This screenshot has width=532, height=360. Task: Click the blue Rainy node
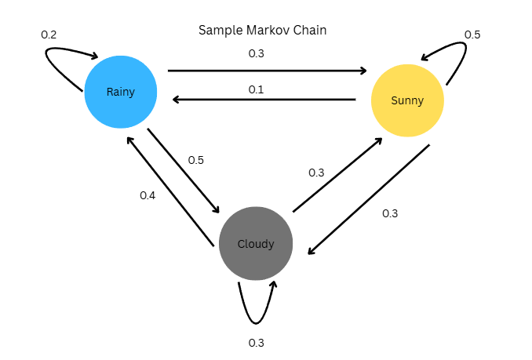click(x=121, y=92)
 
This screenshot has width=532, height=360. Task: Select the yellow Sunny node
click(x=407, y=100)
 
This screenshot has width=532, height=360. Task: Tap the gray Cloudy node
click(x=256, y=243)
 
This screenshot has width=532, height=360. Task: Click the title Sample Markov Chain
click(x=262, y=31)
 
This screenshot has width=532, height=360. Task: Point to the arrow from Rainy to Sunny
click(x=267, y=71)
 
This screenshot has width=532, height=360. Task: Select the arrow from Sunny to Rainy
click(x=265, y=100)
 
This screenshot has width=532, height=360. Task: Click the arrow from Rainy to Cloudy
click(x=184, y=170)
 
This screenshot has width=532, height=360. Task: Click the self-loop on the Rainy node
click(x=59, y=63)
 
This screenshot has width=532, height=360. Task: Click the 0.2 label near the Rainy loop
click(x=49, y=35)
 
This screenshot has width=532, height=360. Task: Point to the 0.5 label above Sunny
click(x=472, y=35)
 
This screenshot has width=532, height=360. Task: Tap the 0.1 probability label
click(x=256, y=89)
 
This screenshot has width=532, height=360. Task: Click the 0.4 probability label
click(x=148, y=195)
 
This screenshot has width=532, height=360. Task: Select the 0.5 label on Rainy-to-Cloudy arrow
click(x=196, y=160)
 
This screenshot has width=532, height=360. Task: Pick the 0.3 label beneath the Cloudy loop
click(x=256, y=343)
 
